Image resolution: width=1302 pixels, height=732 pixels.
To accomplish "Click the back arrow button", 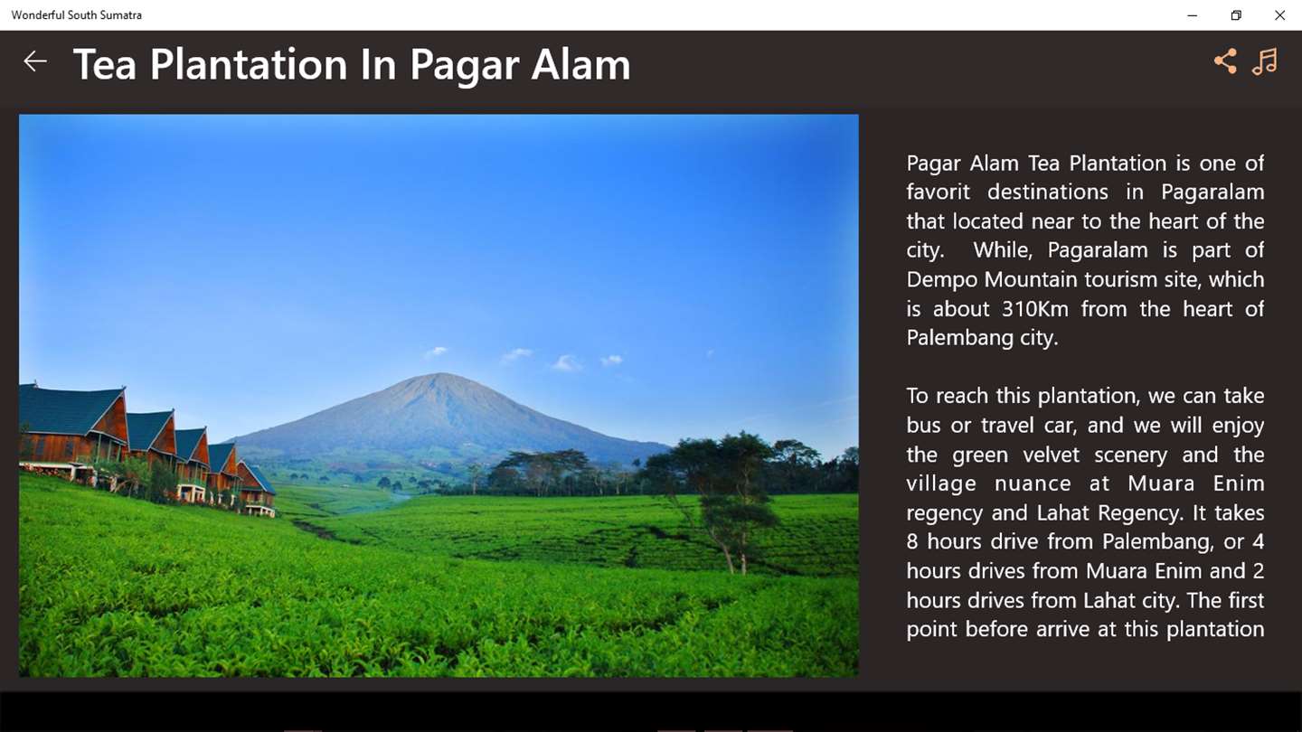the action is [x=35, y=61].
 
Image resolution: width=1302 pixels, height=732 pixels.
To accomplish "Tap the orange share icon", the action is [x=1226, y=61].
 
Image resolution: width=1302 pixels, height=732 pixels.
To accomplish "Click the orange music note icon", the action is [x=1265, y=61].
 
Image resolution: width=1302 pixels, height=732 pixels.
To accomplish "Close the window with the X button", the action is [x=1279, y=15].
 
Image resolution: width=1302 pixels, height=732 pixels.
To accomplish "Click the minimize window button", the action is [x=1192, y=15].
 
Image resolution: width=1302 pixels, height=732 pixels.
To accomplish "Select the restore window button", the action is [x=1236, y=15].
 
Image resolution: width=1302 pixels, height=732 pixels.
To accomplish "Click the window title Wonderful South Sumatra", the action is [x=76, y=15].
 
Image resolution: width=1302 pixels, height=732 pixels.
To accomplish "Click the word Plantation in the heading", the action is [x=249, y=64].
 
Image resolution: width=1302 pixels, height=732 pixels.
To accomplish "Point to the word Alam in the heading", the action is [x=580, y=64].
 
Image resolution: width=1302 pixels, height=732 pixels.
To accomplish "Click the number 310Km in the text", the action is [x=1034, y=308].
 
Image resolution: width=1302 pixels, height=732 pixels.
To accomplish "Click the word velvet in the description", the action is [x=1051, y=455].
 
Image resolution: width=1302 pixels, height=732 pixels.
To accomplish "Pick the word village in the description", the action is [x=941, y=484].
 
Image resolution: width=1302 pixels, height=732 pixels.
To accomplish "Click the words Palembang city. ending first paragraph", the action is [x=982, y=338].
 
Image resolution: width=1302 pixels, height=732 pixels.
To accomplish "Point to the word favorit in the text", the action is [x=939, y=192].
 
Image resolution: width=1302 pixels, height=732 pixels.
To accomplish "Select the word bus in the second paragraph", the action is [x=924, y=426].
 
